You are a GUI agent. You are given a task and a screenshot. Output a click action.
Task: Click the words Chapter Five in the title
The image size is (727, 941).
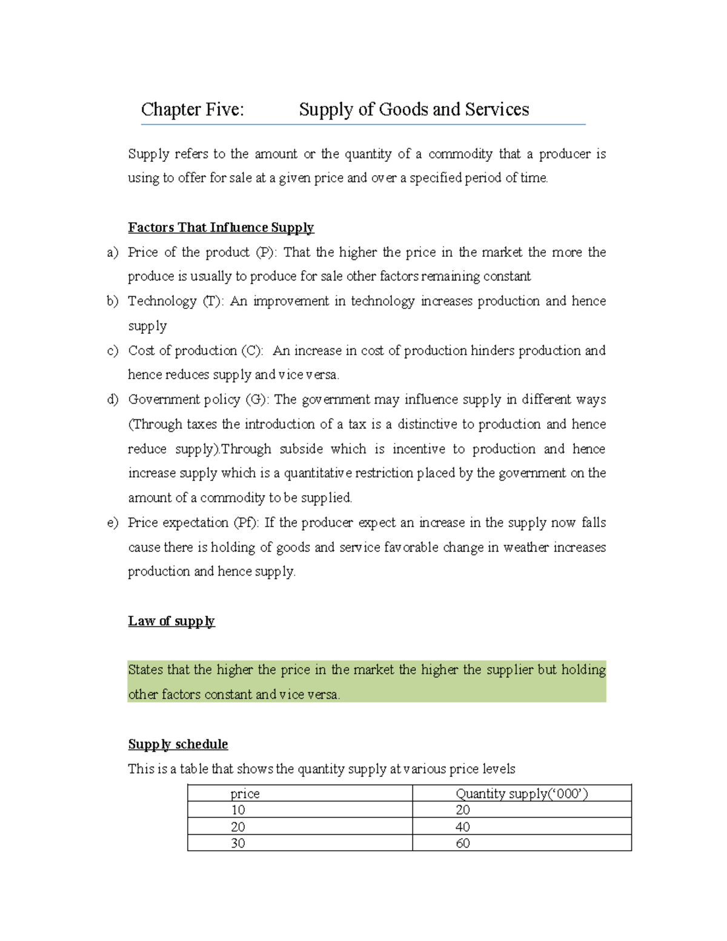tap(192, 110)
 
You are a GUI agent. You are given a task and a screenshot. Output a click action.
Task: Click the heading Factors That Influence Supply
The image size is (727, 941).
tap(221, 228)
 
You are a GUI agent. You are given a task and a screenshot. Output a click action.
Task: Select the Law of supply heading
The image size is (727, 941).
tap(171, 621)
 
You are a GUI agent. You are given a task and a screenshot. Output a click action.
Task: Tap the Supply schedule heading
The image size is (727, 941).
tap(178, 744)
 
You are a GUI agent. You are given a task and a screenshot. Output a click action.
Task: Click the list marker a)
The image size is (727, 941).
tap(113, 253)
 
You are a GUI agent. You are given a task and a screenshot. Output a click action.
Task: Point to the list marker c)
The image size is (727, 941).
tap(113, 351)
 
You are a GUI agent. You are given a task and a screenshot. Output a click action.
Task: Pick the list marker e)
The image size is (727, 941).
tap(113, 523)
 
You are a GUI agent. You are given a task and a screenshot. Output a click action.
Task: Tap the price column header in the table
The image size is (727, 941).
tap(245, 794)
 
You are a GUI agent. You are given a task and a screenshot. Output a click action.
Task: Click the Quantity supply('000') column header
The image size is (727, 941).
tap(522, 794)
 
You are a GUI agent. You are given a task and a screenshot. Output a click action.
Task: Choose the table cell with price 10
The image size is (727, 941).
tap(238, 810)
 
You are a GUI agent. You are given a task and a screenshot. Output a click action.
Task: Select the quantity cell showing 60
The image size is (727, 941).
tap(463, 843)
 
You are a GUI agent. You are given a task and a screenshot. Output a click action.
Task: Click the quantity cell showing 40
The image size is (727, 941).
tap(463, 827)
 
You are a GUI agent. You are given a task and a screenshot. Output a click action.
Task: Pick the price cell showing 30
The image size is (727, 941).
tap(238, 843)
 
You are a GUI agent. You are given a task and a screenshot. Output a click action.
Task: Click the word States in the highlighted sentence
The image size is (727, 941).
tap(145, 670)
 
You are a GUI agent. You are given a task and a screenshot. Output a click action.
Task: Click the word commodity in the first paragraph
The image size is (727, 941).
tap(460, 155)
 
